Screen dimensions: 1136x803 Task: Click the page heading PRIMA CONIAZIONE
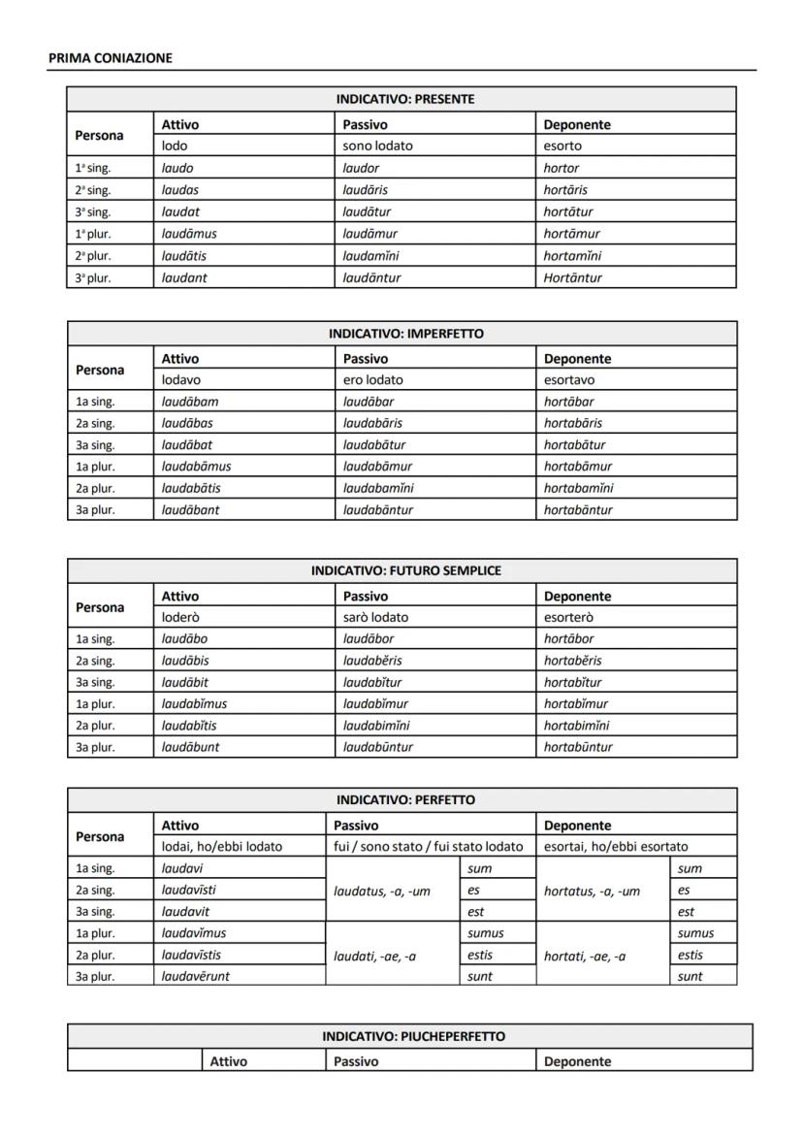[110, 58]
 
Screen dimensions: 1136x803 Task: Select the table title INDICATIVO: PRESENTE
[405, 100]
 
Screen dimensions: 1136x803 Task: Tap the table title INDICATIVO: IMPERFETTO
[405, 334]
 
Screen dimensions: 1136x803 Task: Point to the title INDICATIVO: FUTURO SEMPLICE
[405, 570]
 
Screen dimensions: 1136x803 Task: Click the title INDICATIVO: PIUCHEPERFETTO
[413, 1037]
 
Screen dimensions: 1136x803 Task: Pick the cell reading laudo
[177, 168]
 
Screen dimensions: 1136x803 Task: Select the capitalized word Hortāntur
[572, 277]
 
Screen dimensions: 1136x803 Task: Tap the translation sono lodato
[377, 146]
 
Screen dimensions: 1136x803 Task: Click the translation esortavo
[569, 380]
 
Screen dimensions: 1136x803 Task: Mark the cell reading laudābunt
[190, 747]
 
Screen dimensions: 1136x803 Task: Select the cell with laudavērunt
[195, 977]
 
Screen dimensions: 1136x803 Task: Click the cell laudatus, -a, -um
[381, 892]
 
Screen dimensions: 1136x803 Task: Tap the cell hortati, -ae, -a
[585, 956]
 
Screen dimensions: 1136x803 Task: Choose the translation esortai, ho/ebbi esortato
[616, 847]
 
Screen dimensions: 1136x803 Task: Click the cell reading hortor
[561, 168]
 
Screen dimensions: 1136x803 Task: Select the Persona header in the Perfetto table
[100, 836]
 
